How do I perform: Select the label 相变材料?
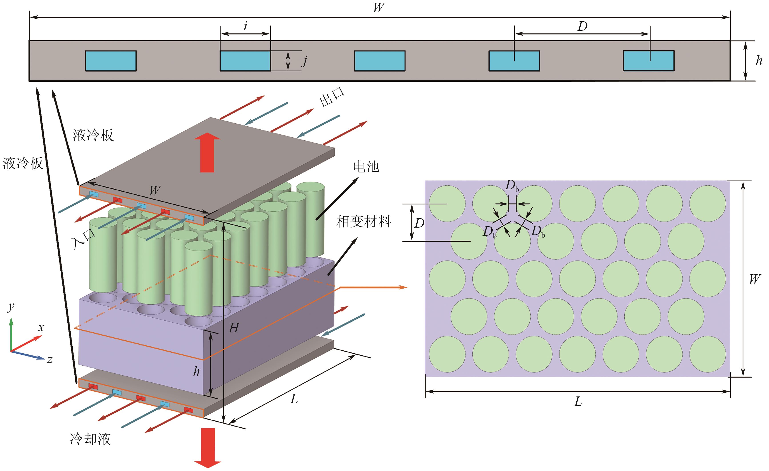coord(364,222)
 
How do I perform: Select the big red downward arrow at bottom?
coord(208,447)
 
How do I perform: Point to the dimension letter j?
coord(305,61)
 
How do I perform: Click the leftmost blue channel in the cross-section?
coord(111,61)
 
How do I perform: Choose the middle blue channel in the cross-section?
coord(380,61)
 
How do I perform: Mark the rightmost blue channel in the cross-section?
coord(649,61)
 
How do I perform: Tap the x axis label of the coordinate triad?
coord(41,327)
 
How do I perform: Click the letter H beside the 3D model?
coord(234,328)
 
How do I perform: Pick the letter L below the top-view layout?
coord(578,401)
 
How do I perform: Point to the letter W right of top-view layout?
coord(755,279)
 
